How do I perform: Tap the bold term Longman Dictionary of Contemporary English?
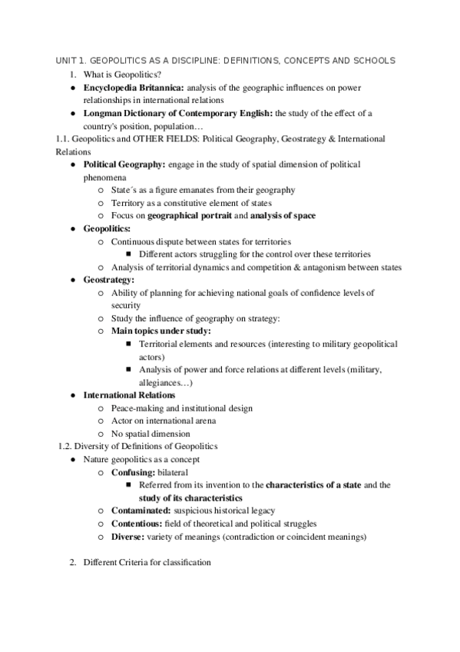click(x=178, y=113)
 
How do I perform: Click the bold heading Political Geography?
click(x=124, y=165)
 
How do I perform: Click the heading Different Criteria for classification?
click(x=147, y=563)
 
